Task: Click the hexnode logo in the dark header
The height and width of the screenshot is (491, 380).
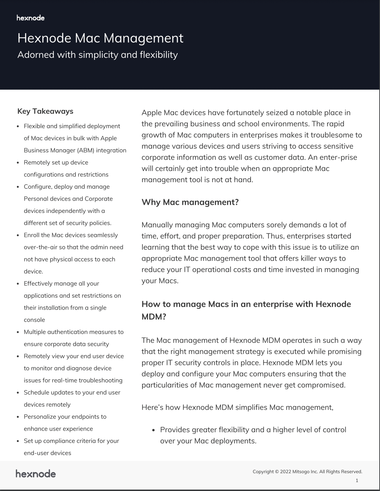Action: (x=30, y=18)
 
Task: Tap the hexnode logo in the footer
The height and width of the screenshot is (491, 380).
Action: (x=36, y=474)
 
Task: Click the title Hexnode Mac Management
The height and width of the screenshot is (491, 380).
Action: (x=100, y=38)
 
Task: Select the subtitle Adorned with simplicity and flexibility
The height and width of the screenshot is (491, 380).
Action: (x=98, y=55)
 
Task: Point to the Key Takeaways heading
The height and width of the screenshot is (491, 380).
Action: (x=45, y=111)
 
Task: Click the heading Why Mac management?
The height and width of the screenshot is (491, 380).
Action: (x=190, y=202)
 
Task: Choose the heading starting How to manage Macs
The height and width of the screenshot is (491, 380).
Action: (x=246, y=304)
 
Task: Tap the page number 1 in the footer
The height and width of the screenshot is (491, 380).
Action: (x=357, y=480)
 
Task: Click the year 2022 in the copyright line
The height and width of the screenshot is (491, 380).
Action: (x=286, y=472)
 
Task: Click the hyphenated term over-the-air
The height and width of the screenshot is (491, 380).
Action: (x=41, y=247)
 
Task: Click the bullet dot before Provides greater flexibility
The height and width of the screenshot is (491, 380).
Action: (x=153, y=430)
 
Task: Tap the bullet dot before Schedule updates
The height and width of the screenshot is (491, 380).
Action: (x=18, y=393)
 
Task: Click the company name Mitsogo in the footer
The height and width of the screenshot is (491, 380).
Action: (x=301, y=472)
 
